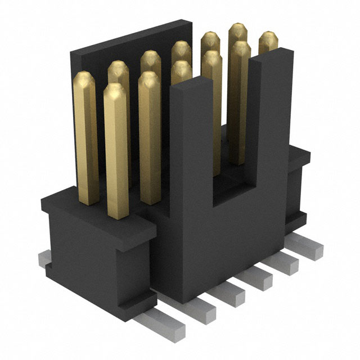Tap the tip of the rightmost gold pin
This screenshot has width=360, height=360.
(268, 39)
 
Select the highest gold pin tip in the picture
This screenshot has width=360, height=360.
(239, 31)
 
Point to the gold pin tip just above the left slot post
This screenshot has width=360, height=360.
(181, 70)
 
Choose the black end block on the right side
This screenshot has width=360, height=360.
(298, 186)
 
